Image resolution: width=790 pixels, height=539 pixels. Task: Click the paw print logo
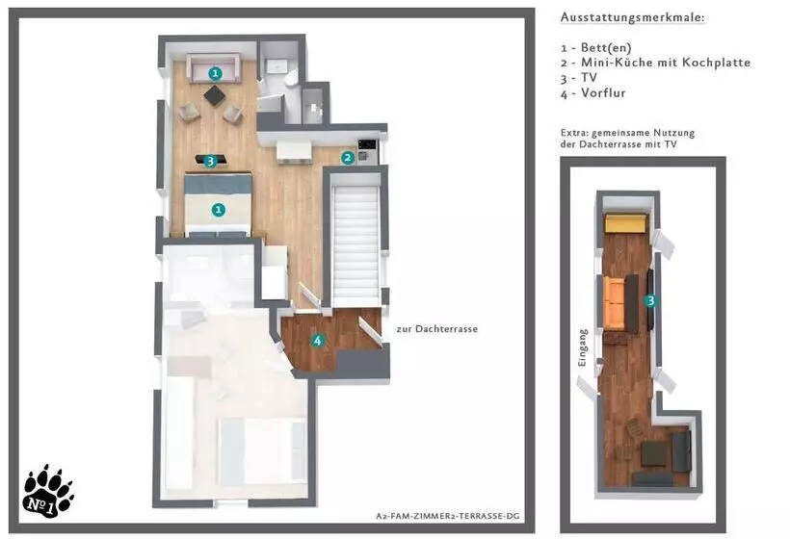48,492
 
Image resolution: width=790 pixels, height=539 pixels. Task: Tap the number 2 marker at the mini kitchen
347,158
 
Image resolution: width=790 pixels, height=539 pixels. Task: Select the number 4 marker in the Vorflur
317,341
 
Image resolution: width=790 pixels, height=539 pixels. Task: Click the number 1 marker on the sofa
215,73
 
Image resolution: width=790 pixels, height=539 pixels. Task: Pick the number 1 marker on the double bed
218,210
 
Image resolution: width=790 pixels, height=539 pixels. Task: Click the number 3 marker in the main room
210,161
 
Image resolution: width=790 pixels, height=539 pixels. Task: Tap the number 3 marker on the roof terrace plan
650,301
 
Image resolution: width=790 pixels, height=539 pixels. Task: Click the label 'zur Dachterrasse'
436,329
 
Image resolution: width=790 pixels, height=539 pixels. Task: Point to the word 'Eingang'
583,347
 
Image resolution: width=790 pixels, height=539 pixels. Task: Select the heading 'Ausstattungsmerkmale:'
632,17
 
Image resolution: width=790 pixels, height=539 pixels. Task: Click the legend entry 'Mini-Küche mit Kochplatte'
666,63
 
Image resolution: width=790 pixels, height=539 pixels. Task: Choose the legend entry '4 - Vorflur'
593,93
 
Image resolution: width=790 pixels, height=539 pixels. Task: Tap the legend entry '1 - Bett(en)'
595,48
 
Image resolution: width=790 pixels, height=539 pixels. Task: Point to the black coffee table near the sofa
215,95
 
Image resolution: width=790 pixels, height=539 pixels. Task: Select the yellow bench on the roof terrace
626,223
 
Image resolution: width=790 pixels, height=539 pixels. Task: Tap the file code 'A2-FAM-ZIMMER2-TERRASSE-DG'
447,516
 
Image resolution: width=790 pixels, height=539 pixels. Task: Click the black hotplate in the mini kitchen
367,145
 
